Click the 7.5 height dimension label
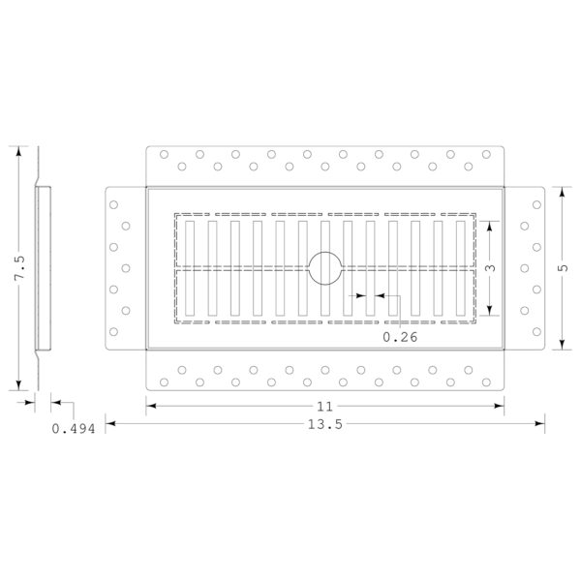point(20,267)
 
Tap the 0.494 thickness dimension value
point(74,429)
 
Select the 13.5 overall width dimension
point(325,424)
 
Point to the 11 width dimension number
point(325,407)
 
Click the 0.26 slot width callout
point(400,337)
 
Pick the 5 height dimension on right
point(563,267)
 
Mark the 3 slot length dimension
point(490,267)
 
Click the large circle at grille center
point(325,252)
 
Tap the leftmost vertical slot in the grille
point(190,268)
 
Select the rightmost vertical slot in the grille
point(461,268)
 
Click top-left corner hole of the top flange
point(164,154)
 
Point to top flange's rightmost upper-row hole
point(486,154)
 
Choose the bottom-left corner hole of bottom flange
point(164,382)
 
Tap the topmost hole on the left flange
point(113,204)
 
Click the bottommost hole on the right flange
point(536,331)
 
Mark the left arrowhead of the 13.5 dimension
point(110,423)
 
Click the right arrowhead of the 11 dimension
point(500,406)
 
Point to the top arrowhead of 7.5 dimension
point(18,151)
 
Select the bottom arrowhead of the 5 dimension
point(562,345)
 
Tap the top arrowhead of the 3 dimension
point(489,226)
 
